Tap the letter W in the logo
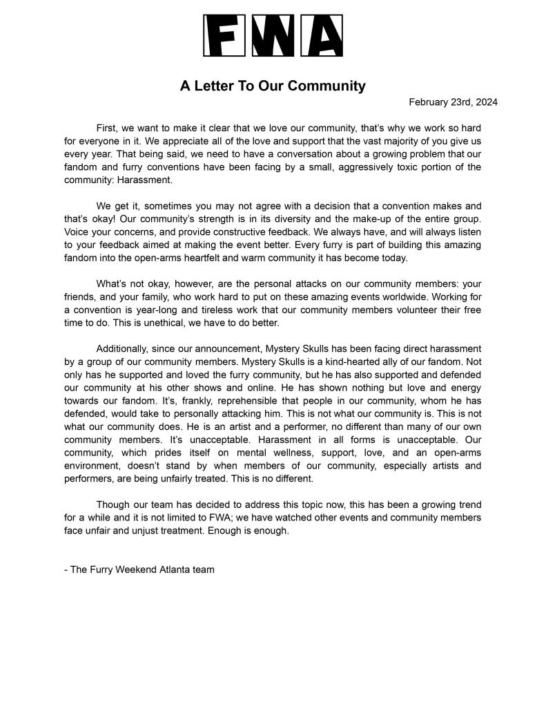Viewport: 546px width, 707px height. pyautogui.click(x=273, y=36)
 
